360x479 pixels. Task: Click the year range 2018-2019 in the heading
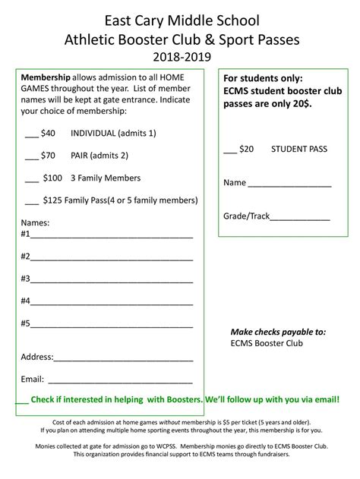coord(180,55)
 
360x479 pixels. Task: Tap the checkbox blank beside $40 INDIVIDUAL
coord(32,134)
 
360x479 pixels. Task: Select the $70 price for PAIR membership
coord(49,156)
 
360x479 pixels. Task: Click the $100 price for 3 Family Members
coord(52,178)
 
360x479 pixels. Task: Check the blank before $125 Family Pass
coord(31,202)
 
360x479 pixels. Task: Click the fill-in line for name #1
coord(112,235)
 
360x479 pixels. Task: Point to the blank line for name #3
coord(112,279)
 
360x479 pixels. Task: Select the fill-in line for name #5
coord(112,324)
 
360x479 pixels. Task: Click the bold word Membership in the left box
coord(46,78)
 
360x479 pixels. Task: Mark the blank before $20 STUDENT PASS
coord(230,150)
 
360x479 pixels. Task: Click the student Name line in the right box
coord(289,184)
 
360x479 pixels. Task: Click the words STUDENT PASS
coord(299,149)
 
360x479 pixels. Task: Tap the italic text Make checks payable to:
coord(278,332)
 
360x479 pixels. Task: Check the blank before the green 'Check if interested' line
coord(21,400)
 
